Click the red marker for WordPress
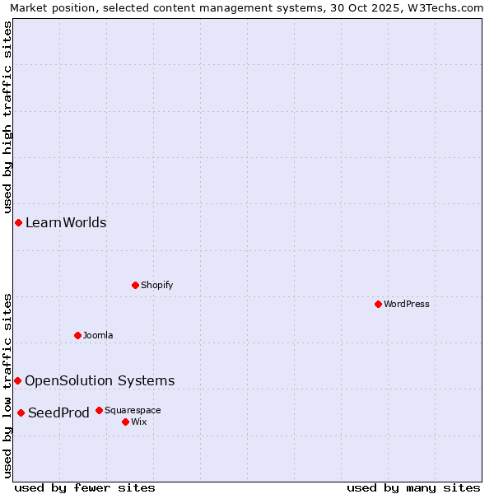[378, 304]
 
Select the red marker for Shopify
[135, 285]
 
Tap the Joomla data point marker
[77, 335]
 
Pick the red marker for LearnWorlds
[18, 222]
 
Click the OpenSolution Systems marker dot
[17, 380]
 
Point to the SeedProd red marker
[21, 412]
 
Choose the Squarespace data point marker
[99, 410]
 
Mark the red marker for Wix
[125, 422]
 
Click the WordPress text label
[407, 304]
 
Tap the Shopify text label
[156, 285]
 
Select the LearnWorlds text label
[66, 222]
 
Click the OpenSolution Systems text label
[100, 380]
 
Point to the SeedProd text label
[58, 412]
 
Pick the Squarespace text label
[133, 410]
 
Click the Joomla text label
[98, 335]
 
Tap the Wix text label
[138, 422]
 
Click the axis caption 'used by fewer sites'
[85, 487]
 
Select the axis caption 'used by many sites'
[413, 487]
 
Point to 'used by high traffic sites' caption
[7, 115]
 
